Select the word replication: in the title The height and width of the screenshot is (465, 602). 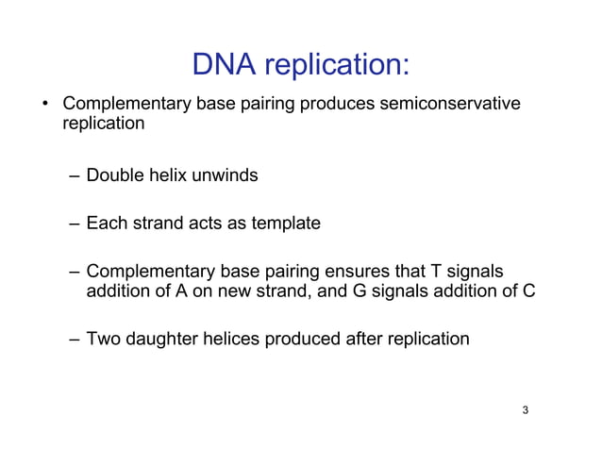coord(336,65)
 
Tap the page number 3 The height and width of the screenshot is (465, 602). coord(525,410)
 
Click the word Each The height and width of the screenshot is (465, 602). coord(106,224)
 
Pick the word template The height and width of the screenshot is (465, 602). coord(285,224)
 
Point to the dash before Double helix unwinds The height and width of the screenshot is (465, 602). coord(75,176)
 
